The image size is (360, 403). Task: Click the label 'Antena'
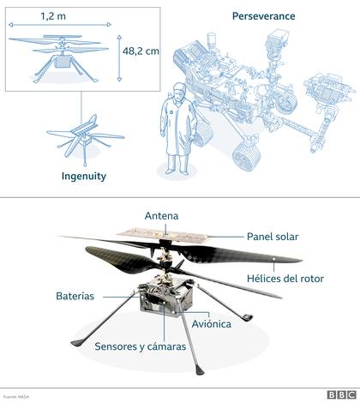click(162, 215)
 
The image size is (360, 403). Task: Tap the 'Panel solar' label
click(273, 236)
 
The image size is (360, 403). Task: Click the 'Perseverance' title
click(262, 15)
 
